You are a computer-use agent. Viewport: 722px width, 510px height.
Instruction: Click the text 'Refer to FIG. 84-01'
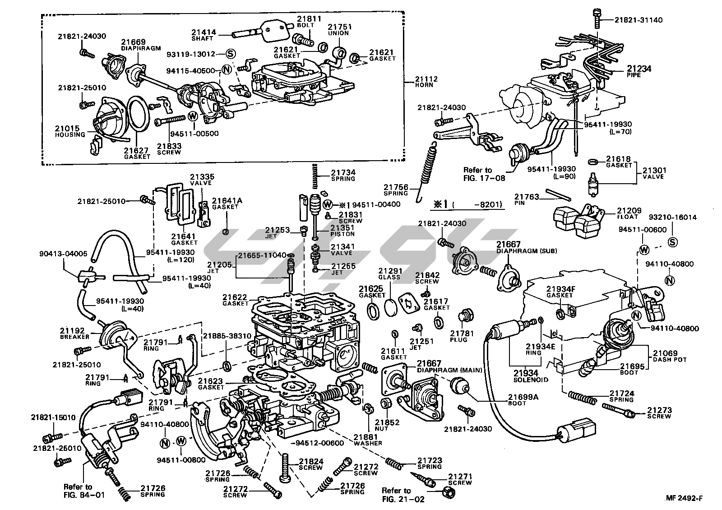84,491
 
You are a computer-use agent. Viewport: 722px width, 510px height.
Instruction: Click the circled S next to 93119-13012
231,54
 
